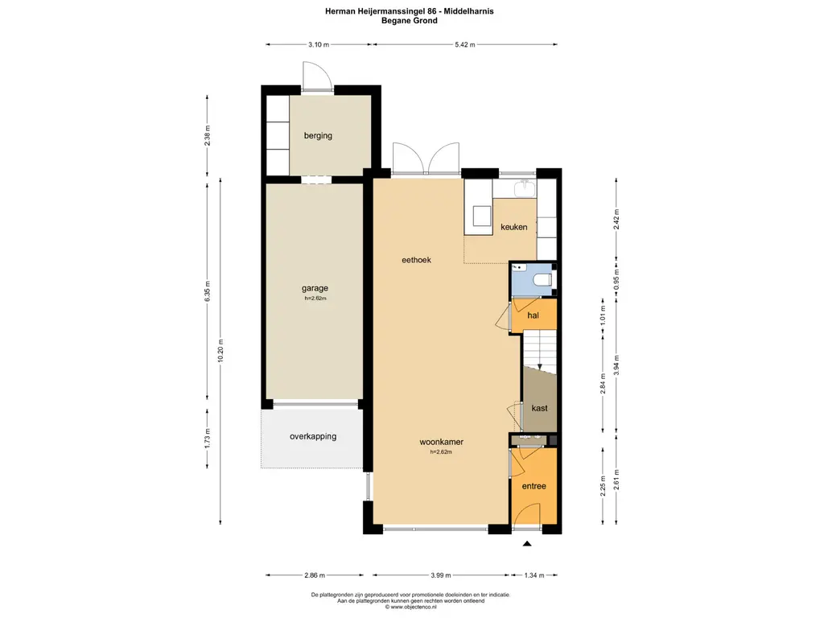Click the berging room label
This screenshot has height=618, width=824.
pyautogui.click(x=318, y=135)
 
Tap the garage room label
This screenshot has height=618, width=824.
pyautogui.click(x=315, y=288)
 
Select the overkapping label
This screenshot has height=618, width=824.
pyautogui.click(x=313, y=436)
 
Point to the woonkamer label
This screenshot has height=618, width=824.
pyautogui.click(x=442, y=442)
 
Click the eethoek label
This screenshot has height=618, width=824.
pyautogui.click(x=416, y=260)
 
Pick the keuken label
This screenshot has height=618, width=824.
pyautogui.click(x=514, y=227)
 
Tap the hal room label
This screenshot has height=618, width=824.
pyautogui.click(x=533, y=315)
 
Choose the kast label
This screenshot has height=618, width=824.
pyautogui.click(x=540, y=408)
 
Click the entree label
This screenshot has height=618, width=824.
pyautogui.click(x=534, y=486)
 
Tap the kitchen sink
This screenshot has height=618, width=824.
pyautogui.click(x=525, y=188)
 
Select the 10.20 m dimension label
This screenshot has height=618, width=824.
pyautogui.click(x=220, y=351)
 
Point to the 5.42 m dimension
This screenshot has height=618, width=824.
pyautogui.click(x=465, y=45)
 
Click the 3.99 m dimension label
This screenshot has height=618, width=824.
pyautogui.click(x=441, y=575)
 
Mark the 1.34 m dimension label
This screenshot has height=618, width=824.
pyautogui.click(x=534, y=575)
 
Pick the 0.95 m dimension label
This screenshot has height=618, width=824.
pyautogui.click(x=617, y=279)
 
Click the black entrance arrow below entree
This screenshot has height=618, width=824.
pyautogui.click(x=527, y=544)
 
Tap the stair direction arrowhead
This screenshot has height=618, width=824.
pyautogui.click(x=540, y=367)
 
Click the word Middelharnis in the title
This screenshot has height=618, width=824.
pyautogui.click(x=470, y=11)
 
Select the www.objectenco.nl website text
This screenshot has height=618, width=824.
pyautogui.click(x=413, y=607)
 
